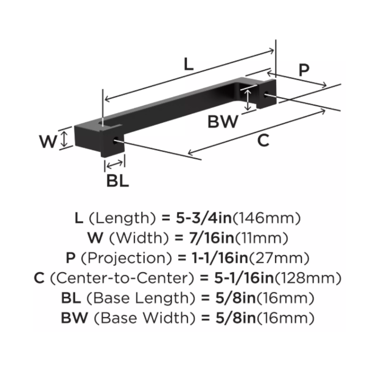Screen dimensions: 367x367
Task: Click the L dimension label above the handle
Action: pos(188,64)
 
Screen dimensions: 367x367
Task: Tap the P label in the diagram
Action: pos(303,70)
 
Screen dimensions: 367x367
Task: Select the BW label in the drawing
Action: pos(222,122)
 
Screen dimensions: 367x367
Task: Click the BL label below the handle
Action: pos(117,181)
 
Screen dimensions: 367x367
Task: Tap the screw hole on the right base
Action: pos(266,95)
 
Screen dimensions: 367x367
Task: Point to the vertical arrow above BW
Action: pos(247,100)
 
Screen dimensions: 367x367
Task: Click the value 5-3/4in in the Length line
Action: pos(197,219)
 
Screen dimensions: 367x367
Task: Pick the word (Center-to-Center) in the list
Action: pos(122,278)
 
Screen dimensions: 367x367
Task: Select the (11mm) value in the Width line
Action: pos(255,239)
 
